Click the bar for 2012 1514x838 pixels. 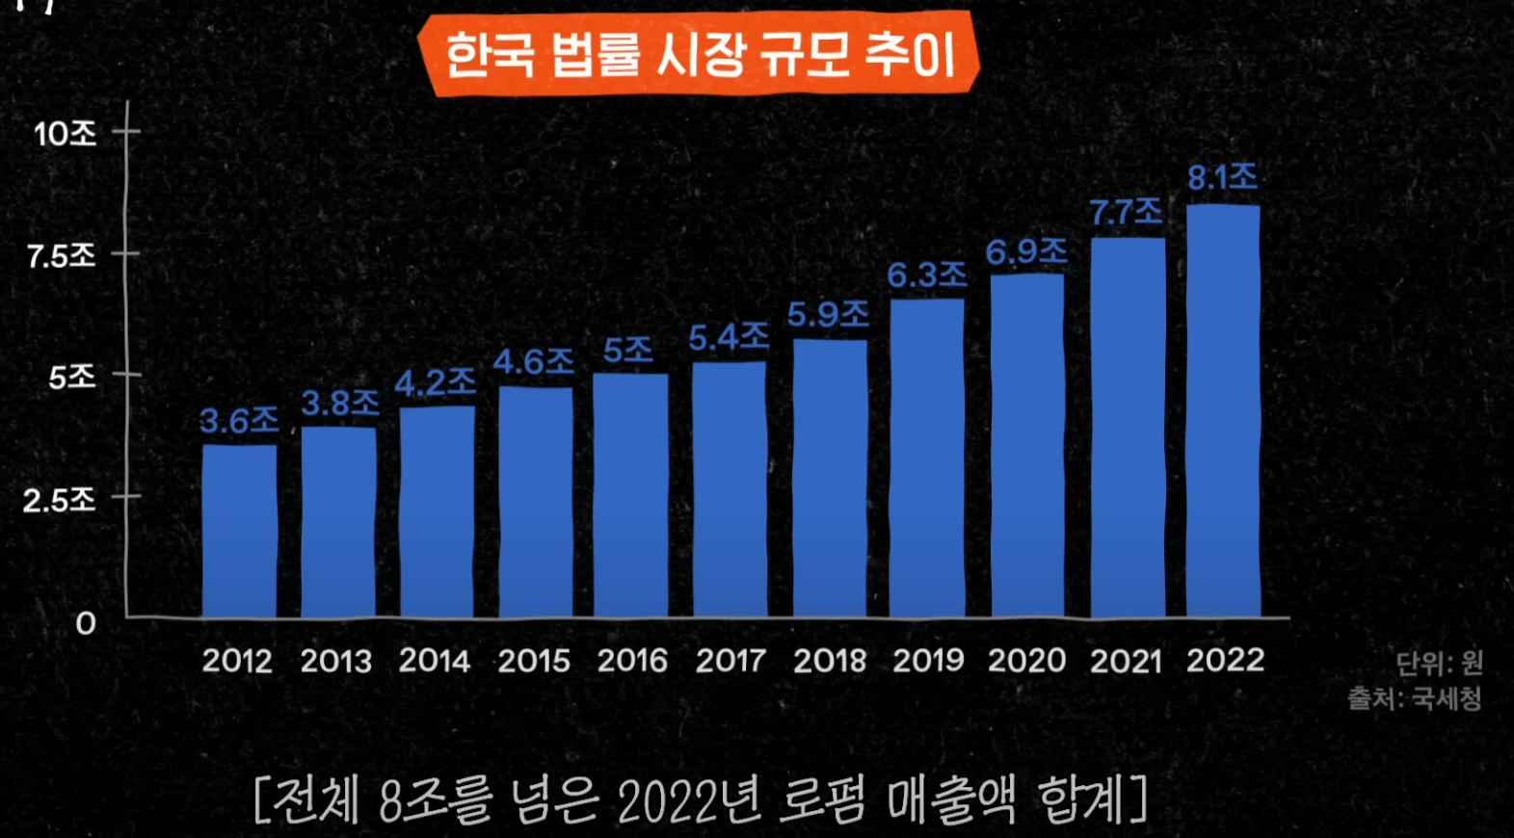(x=239, y=530)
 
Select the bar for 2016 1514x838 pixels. (x=631, y=495)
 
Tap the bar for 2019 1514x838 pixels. (x=927, y=458)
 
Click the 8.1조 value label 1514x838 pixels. (x=1222, y=177)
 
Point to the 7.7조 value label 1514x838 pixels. (x=1126, y=211)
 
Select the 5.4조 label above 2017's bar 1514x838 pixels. (x=729, y=337)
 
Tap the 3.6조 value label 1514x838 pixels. (x=239, y=421)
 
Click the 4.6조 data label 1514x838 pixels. (x=533, y=362)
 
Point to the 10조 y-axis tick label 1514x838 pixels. (x=66, y=134)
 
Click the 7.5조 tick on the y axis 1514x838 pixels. (x=62, y=256)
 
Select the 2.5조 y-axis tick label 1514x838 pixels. (x=60, y=500)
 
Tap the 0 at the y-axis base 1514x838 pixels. (x=86, y=624)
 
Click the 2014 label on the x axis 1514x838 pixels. (x=435, y=661)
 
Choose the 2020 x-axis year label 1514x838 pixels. (x=1026, y=661)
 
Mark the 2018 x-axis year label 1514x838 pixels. (x=829, y=661)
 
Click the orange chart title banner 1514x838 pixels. (x=699, y=55)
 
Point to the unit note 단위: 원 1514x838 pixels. (x=1439, y=663)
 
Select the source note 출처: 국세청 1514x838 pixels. (x=1414, y=698)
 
